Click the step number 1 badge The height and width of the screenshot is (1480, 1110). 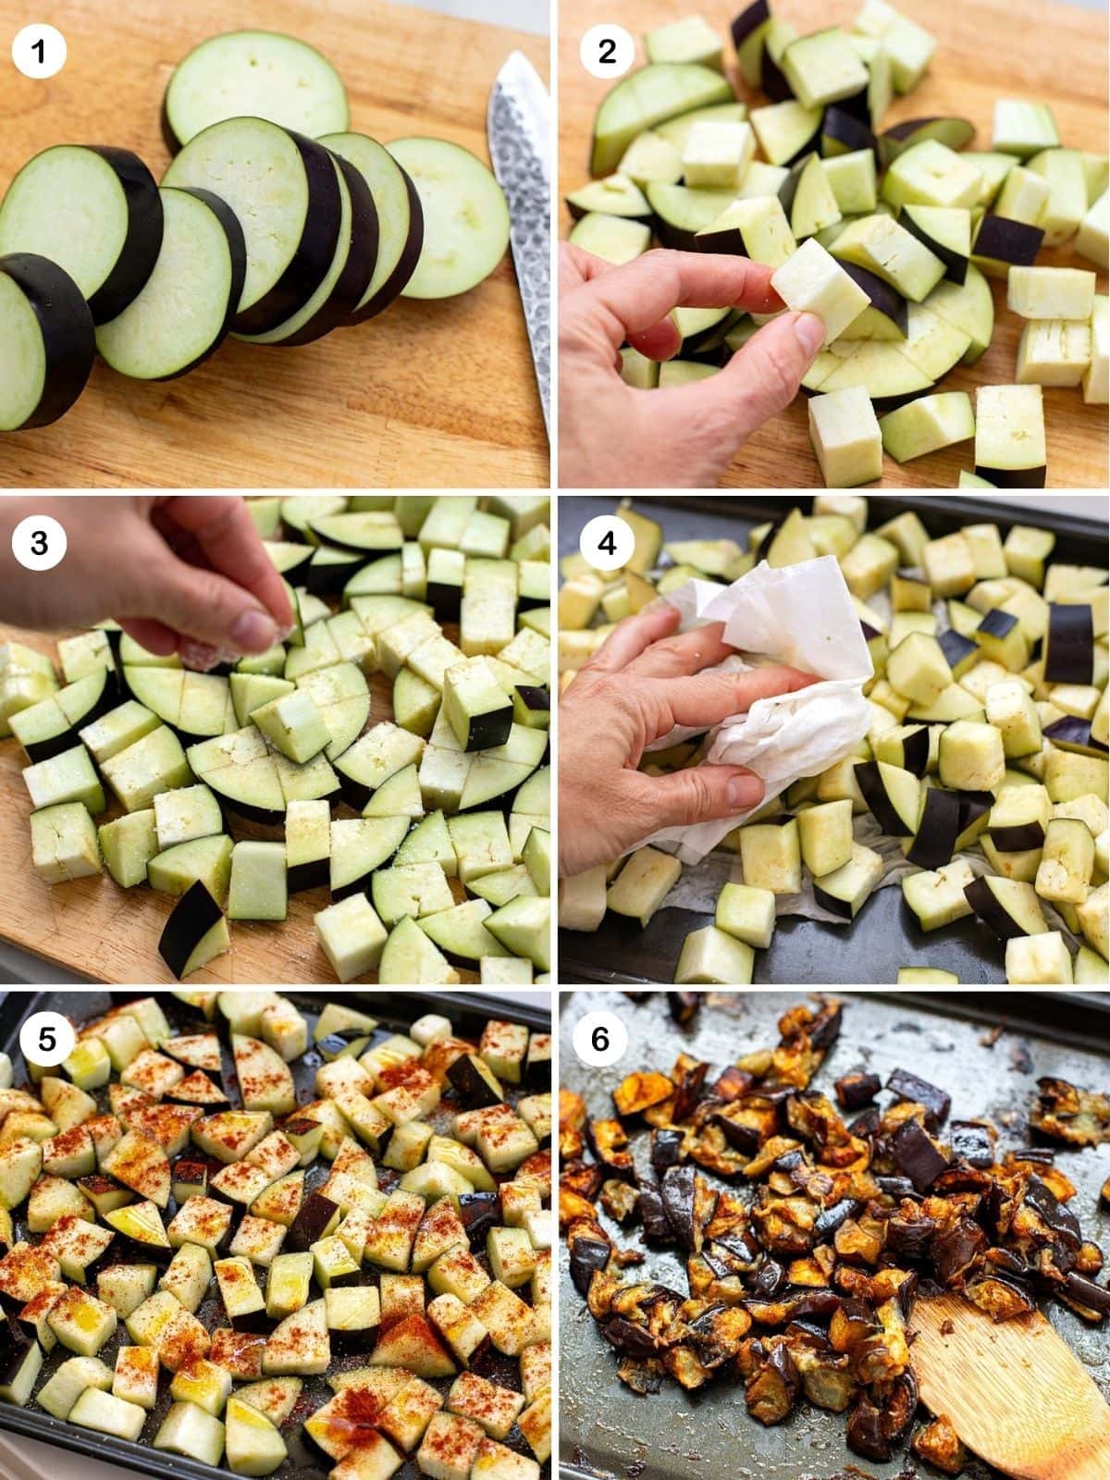tap(39, 52)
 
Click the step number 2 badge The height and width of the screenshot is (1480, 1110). tap(606, 52)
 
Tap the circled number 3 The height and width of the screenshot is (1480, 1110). tap(39, 543)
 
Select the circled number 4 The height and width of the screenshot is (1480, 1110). tap(606, 543)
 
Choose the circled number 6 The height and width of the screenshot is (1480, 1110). tap(600, 1040)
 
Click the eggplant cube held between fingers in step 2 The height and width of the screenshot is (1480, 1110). tap(820, 286)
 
